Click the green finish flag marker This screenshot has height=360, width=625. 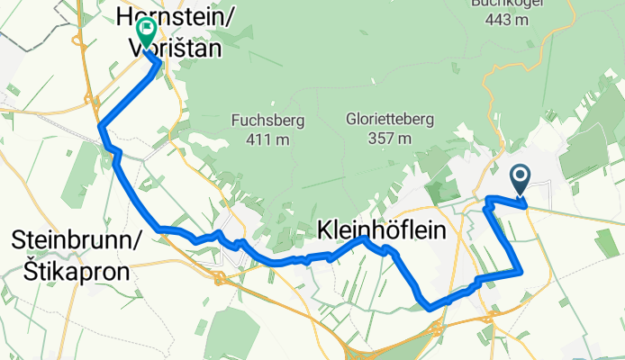144,32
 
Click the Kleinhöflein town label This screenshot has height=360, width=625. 382,232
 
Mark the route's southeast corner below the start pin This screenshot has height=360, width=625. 521,269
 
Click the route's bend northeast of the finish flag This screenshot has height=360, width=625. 159,64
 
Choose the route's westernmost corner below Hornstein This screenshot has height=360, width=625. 100,126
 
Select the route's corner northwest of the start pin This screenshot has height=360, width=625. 487,198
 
